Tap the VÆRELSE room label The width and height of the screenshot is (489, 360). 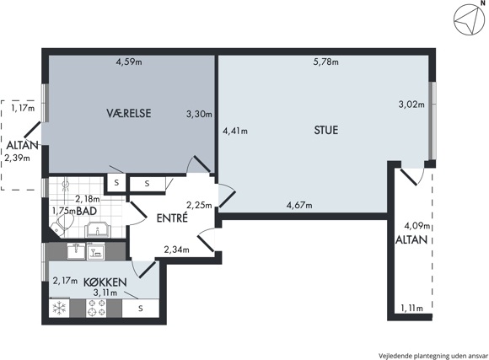(129, 113)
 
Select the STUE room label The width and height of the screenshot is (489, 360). (326, 130)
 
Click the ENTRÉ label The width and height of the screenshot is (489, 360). (172, 218)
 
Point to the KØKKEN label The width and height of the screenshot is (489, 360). (105, 282)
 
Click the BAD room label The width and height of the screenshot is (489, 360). (86, 212)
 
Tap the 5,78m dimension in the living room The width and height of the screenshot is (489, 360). (326, 62)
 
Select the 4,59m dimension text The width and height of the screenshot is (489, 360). (129, 62)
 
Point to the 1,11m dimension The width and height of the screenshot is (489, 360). (412, 309)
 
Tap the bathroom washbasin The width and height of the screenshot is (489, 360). (98, 229)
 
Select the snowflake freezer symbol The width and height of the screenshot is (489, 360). (58, 309)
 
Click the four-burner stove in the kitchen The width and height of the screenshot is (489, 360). (96, 309)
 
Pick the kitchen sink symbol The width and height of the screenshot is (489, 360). (76, 251)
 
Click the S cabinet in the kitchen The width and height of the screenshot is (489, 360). (141, 309)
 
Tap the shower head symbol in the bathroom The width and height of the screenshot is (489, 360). (66, 185)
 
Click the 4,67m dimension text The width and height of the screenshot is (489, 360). (299, 205)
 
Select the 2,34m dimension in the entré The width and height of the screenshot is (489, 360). (176, 250)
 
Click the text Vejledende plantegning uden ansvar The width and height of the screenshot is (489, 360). (433, 356)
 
